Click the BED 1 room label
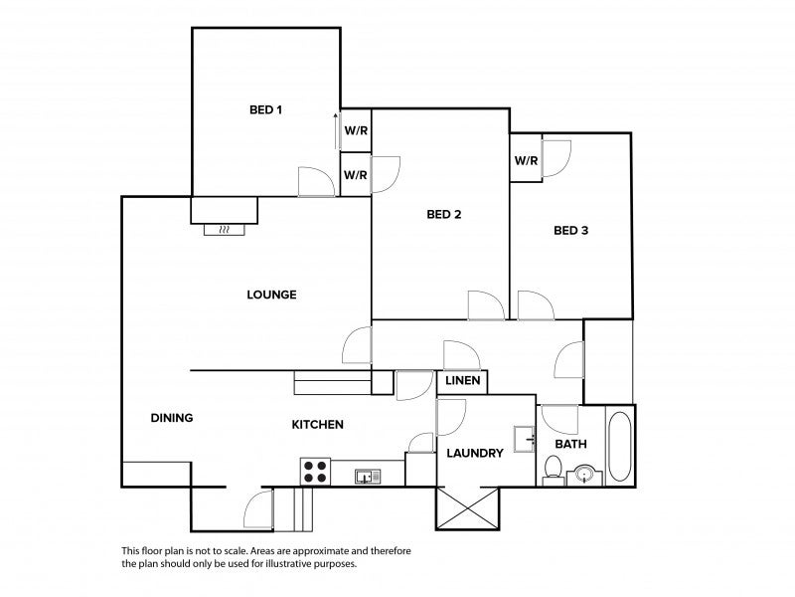pyautogui.click(x=265, y=109)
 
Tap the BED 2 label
pyautogui.click(x=444, y=214)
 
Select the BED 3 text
pyautogui.click(x=570, y=231)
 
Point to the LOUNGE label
pyautogui.click(x=271, y=295)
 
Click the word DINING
pyautogui.click(x=172, y=418)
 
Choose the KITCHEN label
pyautogui.click(x=317, y=425)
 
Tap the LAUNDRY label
pyautogui.click(x=475, y=453)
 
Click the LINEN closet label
pyautogui.click(x=463, y=380)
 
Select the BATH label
pyautogui.click(x=570, y=444)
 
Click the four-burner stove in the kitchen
pyautogui.click(x=315, y=472)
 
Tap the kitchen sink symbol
pyautogui.click(x=368, y=477)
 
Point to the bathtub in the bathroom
pyautogui.click(x=619, y=446)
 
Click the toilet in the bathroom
pyautogui.click(x=554, y=471)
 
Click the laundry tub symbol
pyautogui.click(x=525, y=439)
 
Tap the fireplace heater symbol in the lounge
pyautogui.click(x=225, y=230)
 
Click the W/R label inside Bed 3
pyautogui.click(x=527, y=161)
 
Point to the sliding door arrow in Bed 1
pyautogui.click(x=336, y=131)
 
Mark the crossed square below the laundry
pyautogui.click(x=468, y=508)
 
